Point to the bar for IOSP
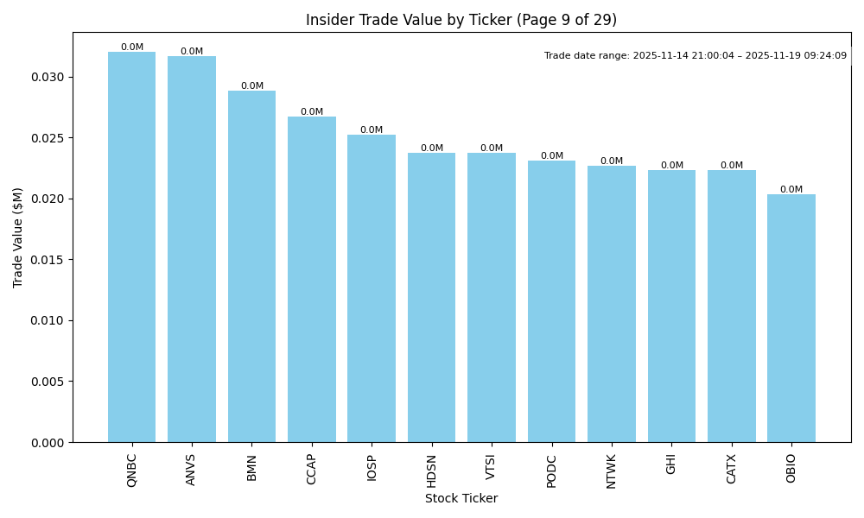(372, 288)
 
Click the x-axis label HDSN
(431, 471)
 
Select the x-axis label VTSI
(492, 467)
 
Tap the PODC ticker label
(551, 471)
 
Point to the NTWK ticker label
(612, 471)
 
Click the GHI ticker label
(671, 464)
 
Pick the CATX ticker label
(732, 469)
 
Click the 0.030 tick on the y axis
(48, 78)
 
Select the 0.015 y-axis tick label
(48, 260)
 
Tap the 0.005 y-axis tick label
(48, 382)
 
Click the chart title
(461, 20)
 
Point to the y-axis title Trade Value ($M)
(18, 237)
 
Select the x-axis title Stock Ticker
(461, 498)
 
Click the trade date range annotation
(696, 56)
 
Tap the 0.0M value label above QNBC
(132, 47)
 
